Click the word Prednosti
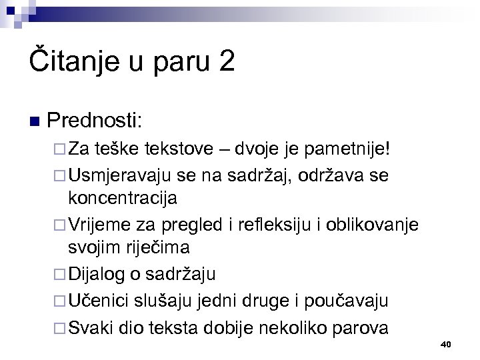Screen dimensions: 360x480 click(x=104, y=121)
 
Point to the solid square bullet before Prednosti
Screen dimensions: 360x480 click(x=36, y=122)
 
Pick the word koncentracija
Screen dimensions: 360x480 click(x=123, y=199)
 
